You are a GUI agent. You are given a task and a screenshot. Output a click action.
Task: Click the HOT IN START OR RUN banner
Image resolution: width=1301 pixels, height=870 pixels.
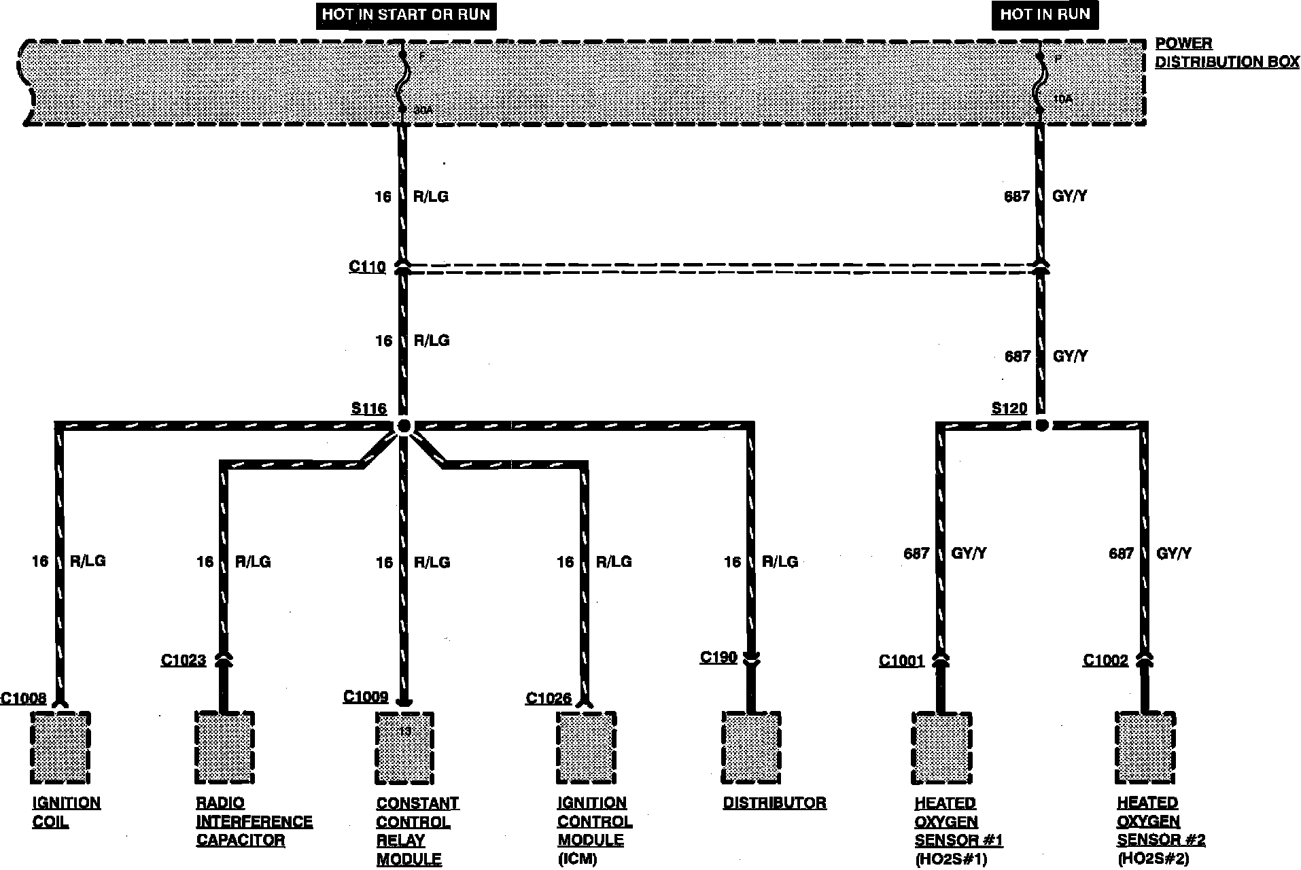click(406, 15)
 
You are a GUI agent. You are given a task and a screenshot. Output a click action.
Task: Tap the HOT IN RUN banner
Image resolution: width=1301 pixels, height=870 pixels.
click(1045, 15)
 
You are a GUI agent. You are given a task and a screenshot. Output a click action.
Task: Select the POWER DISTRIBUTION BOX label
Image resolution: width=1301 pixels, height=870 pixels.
click(1227, 52)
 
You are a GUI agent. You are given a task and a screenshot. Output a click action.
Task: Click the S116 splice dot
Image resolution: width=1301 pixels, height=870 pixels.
click(404, 426)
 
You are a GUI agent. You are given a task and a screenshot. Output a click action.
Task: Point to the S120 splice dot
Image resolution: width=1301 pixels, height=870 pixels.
click(1041, 425)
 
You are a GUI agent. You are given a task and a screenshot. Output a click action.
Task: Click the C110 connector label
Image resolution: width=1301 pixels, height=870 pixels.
click(367, 266)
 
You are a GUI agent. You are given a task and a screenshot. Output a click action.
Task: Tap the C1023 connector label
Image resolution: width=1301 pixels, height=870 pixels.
click(183, 660)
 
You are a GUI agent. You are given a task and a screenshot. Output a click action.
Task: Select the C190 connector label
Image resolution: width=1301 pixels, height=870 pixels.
click(718, 657)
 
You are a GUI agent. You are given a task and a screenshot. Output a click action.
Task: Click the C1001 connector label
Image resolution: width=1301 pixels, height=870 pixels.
click(901, 661)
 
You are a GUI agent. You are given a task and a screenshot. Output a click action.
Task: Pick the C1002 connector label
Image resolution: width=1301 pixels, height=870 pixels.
click(1105, 660)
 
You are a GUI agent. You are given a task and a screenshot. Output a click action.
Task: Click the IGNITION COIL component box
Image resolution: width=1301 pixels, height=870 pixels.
click(60, 747)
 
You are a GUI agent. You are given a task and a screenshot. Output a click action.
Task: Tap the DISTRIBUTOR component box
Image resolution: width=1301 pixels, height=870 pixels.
click(751, 747)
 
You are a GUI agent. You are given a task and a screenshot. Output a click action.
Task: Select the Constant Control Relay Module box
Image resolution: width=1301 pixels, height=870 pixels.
click(404, 747)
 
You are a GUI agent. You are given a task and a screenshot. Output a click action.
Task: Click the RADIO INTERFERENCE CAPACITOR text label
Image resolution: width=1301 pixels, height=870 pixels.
click(254, 821)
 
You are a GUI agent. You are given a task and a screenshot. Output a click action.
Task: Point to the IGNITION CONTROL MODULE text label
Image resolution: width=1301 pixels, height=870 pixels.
click(594, 830)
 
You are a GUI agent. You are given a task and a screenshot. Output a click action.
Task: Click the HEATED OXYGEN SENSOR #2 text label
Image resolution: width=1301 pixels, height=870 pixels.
click(1160, 830)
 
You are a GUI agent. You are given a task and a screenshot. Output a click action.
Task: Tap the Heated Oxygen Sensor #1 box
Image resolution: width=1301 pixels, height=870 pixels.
click(941, 748)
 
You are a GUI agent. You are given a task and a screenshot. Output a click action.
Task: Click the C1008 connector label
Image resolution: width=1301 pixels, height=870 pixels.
click(23, 698)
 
